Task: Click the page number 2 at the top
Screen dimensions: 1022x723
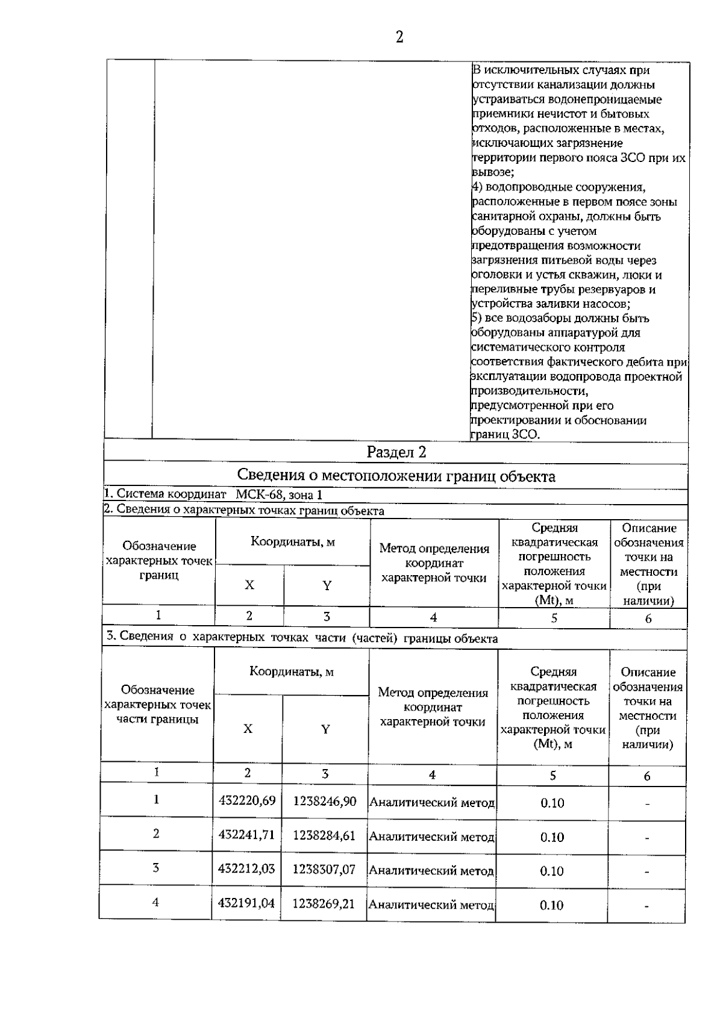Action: point(399,37)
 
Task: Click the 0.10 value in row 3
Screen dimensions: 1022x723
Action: point(552,871)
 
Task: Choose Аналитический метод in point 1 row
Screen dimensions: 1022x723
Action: point(431,802)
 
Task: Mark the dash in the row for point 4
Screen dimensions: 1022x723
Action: point(646,906)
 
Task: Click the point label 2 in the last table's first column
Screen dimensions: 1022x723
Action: point(156,833)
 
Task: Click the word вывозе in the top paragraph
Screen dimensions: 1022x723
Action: point(492,172)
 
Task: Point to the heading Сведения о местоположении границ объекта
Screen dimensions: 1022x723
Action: point(396,476)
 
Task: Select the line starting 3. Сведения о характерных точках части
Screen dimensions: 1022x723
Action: point(301,638)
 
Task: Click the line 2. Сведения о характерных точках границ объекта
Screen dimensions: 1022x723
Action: point(244,511)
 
